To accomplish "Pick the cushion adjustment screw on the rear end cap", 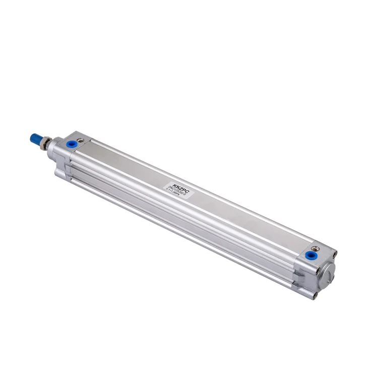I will pos(316,248).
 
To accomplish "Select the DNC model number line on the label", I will pos(176,188).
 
